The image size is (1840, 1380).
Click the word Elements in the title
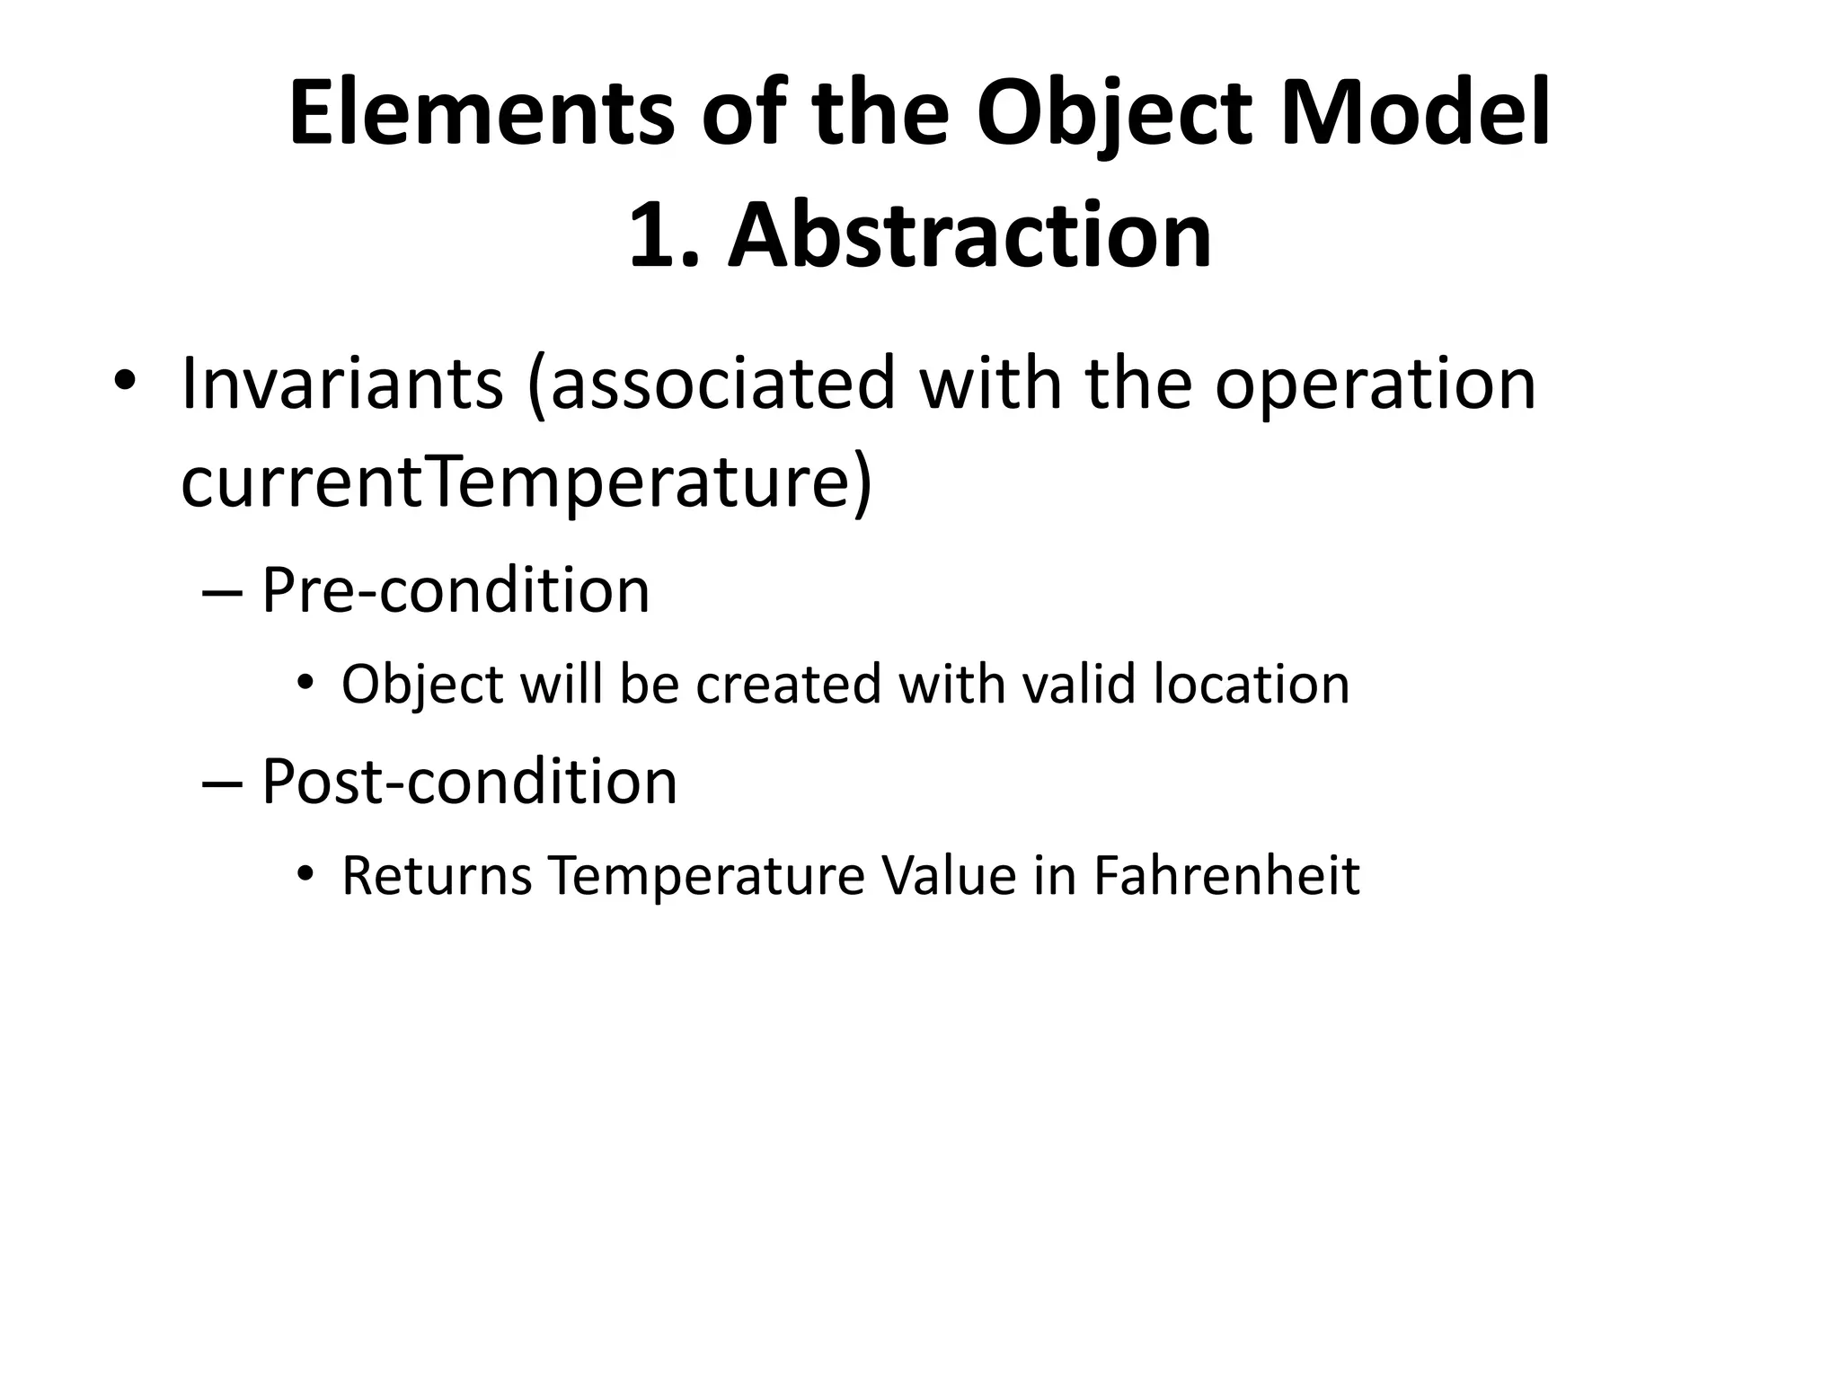point(481,115)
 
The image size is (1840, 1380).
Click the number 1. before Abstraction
point(663,235)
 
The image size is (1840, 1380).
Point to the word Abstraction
point(969,235)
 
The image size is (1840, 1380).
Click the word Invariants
point(342,383)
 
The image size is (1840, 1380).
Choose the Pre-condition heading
point(456,590)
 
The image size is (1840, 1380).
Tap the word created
point(790,684)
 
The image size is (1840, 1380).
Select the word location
point(1252,684)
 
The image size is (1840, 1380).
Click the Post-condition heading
point(469,782)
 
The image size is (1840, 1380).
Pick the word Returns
point(438,876)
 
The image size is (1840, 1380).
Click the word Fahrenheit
point(1226,876)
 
